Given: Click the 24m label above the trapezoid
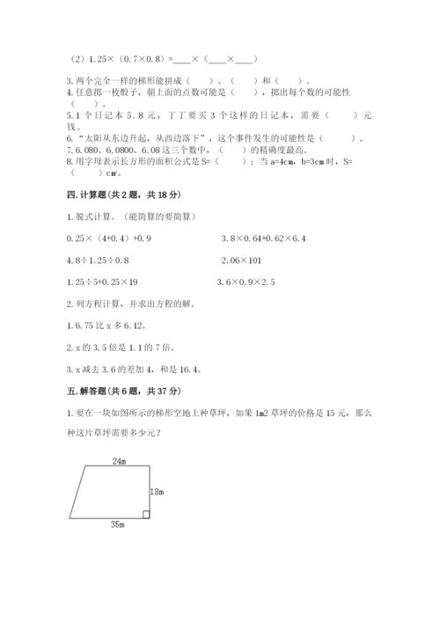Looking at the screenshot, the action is tap(119, 460).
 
